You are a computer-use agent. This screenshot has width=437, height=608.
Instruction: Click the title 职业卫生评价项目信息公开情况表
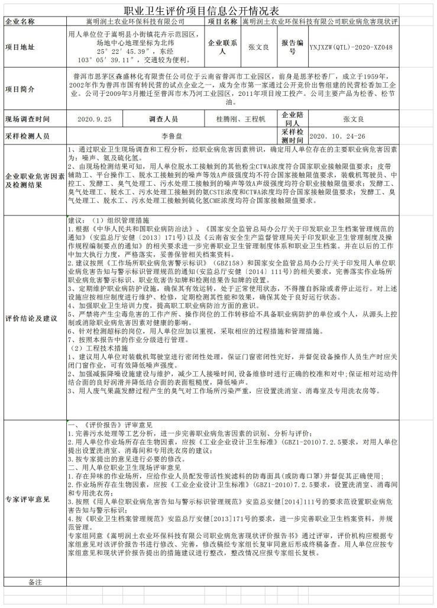tap(218, 10)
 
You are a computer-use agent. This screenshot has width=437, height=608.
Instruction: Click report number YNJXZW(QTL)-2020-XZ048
tap(351, 47)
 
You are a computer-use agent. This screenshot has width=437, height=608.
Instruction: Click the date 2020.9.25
tap(94, 119)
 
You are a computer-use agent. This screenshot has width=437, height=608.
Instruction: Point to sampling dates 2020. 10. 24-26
tap(344, 136)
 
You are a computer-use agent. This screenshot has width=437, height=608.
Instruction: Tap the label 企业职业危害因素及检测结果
tap(34, 181)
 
